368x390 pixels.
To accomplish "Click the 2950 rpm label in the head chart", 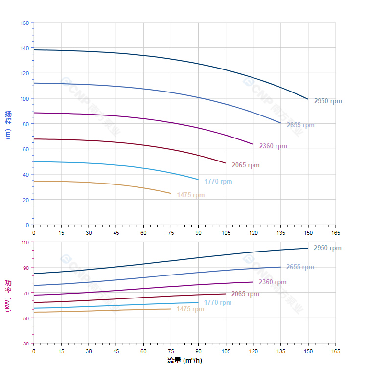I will point(328,101).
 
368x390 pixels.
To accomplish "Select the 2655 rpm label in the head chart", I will point(300,125).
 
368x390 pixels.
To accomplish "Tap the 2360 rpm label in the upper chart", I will point(273,146).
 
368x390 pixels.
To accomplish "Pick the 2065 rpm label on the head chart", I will point(246,165).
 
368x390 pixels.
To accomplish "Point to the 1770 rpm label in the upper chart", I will point(218,181).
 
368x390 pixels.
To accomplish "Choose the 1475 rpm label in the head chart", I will point(191,195).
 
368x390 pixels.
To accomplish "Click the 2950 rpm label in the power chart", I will point(327,248).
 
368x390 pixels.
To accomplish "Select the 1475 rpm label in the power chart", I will point(190,309).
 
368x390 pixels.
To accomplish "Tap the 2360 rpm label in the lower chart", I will point(273,282).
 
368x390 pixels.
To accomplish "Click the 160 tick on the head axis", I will point(24,23).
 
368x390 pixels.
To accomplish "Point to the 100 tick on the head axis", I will point(24,98).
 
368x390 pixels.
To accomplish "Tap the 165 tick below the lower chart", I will point(336,351).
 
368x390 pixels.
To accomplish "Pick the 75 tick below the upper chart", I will point(171,233).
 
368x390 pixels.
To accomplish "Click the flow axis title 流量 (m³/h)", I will point(184,361).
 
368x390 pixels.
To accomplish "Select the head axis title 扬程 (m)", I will point(8,124).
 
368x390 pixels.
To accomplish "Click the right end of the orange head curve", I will point(171,193).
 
